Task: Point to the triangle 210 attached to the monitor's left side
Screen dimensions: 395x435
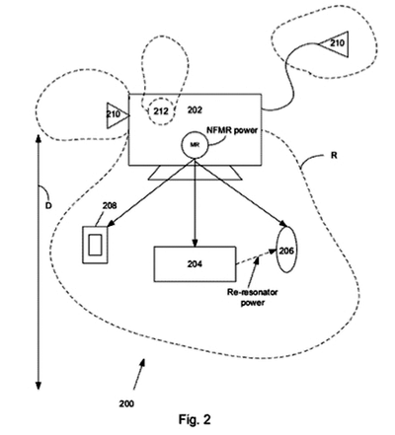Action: [x=118, y=115]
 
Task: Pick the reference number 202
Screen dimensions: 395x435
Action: [x=195, y=109]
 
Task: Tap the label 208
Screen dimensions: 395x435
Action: [x=110, y=206]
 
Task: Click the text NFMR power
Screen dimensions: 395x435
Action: [x=232, y=130]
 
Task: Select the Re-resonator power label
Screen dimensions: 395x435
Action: [x=253, y=297]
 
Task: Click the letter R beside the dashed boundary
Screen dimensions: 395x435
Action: [x=334, y=155]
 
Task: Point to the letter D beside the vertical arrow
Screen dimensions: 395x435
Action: [x=48, y=206]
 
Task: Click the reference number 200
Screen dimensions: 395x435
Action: [x=126, y=403]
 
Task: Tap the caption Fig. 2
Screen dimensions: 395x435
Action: [x=195, y=419]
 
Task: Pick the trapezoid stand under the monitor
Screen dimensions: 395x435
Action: [x=196, y=173]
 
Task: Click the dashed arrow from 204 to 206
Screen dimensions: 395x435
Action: [x=256, y=257]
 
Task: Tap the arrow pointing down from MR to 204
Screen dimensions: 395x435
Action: [x=195, y=203]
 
